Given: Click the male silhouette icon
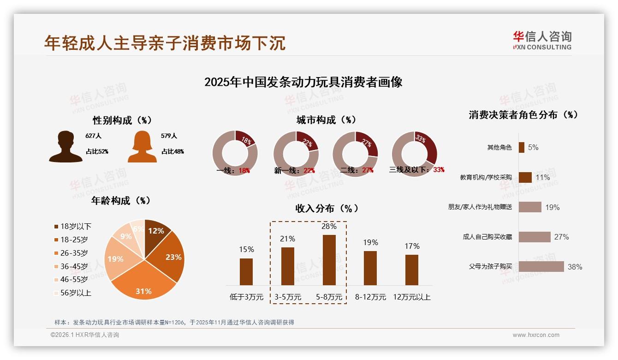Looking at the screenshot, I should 65,146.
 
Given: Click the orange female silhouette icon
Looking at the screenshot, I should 142,146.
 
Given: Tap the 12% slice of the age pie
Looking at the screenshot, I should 157,231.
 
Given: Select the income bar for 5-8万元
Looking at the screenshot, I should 329,260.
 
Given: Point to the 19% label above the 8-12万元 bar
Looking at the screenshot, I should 370,243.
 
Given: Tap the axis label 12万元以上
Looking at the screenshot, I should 411,297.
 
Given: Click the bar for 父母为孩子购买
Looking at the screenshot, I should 541,266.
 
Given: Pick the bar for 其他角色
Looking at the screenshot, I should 521,147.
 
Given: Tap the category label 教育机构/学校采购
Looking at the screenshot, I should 486,177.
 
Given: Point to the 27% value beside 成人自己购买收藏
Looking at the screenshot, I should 561,237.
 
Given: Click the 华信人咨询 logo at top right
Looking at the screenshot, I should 542,40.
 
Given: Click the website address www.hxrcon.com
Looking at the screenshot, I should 536,335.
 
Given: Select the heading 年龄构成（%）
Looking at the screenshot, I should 121,201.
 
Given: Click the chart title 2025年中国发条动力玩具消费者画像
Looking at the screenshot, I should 303,82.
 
